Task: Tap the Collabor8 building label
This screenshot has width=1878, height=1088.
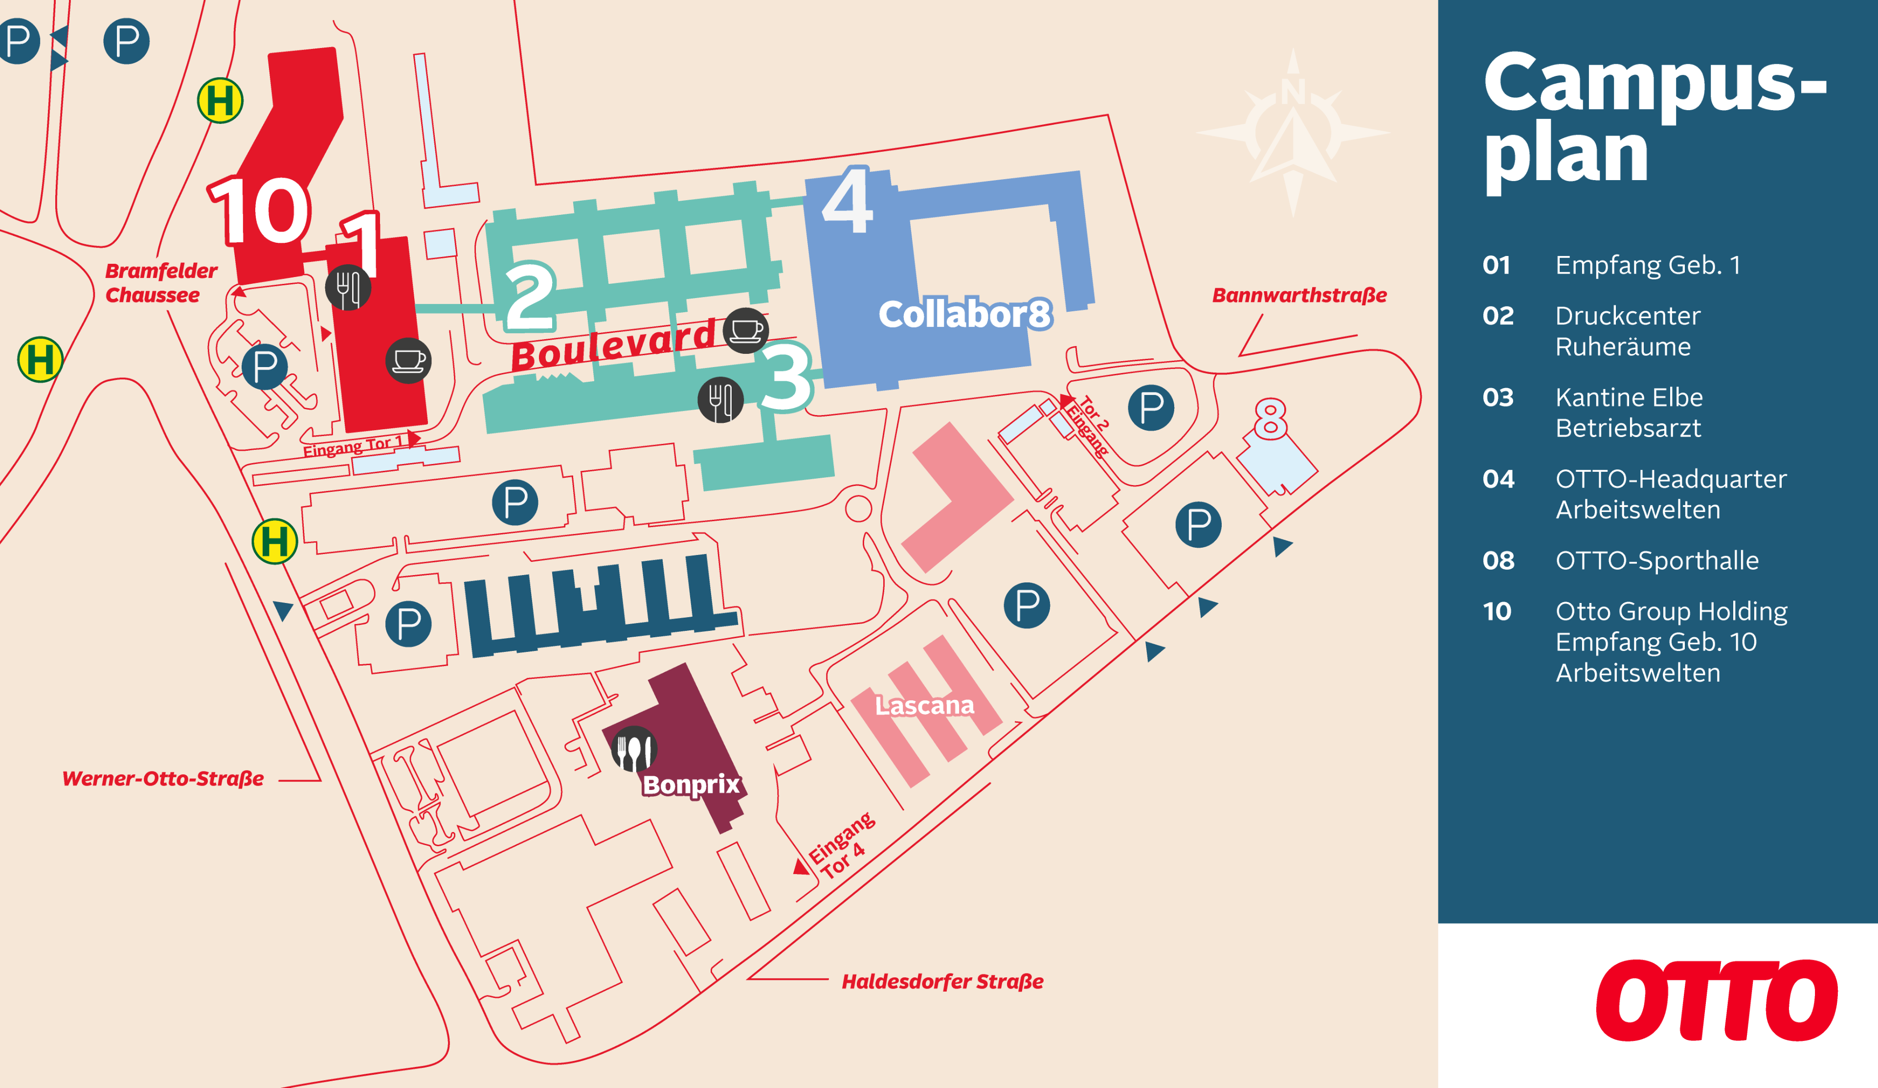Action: tap(965, 314)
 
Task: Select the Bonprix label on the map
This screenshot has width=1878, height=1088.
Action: tap(691, 785)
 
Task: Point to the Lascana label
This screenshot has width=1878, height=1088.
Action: tap(924, 705)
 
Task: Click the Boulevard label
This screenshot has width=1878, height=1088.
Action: tap(613, 345)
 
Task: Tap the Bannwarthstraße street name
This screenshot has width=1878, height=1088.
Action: tap(1299, 295)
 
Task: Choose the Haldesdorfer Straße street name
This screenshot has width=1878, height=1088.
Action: tap(942, 981)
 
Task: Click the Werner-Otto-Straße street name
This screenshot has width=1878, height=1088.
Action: tap(162, 779)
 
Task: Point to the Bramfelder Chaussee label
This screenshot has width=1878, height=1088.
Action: tap(160, 282)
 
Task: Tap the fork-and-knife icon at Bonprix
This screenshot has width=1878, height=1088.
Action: tap(633, 749)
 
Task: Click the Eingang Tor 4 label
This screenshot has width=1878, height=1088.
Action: tap(842, 846)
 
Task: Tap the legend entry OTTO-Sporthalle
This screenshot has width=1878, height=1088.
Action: tap(1656, 560)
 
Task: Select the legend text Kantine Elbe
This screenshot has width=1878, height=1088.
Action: tap(1629, 397)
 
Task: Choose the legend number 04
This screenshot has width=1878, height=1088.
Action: tap(1498, 479)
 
